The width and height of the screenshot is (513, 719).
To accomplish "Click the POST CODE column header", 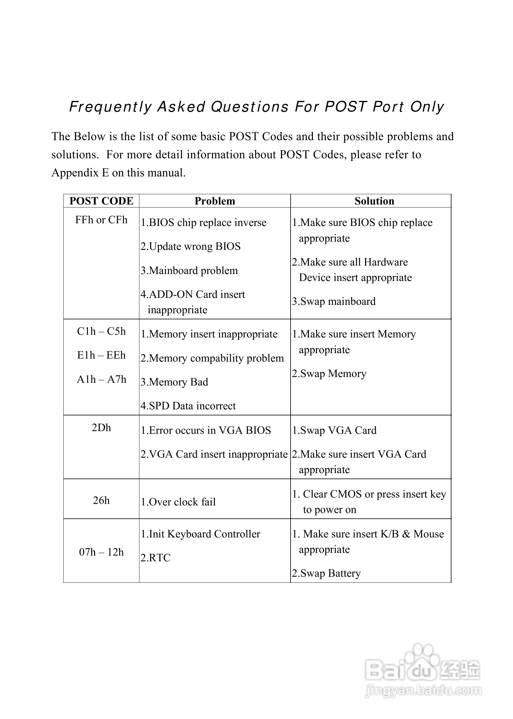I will coord(101,201).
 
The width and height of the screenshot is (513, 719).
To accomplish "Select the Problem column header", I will coord(215,201).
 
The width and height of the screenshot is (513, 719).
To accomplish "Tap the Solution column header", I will coord(374,201).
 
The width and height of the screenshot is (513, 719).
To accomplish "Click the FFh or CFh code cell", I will coord(101,220).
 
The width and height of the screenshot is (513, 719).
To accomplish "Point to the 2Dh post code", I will coord(101,427).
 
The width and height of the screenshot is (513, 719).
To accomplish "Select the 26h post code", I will coord(101,500).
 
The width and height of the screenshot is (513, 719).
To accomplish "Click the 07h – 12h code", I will coord(101,552).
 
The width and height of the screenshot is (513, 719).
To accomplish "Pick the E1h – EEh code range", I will coord(101,355).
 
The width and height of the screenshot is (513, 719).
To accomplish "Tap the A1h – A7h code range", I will coord(101,379).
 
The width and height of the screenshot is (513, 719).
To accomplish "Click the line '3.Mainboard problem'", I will coord(189,271).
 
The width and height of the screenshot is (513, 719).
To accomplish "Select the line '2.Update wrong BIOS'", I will coord(190,247).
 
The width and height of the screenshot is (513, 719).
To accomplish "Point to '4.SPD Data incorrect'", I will coord(188,406).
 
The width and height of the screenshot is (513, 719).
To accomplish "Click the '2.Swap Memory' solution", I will coord(329,374).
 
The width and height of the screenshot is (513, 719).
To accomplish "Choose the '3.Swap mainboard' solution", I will coord(333,301).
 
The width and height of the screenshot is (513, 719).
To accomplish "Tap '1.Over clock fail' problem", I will coord(178,502).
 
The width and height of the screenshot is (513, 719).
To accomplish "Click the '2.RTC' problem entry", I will coord(155,558).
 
